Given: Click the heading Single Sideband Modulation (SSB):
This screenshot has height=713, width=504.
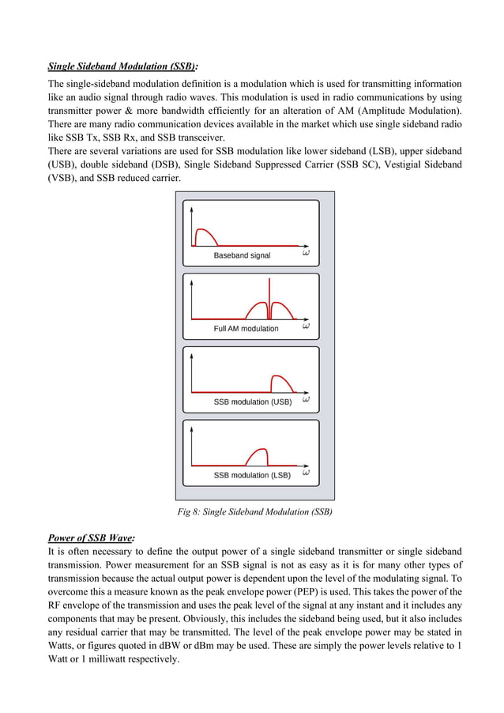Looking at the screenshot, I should coord(123,66).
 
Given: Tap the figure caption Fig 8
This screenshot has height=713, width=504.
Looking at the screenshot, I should coord(255,512).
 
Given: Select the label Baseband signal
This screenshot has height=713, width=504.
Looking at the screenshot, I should coord(242,255).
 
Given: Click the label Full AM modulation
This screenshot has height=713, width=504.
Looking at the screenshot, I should coord(246,328).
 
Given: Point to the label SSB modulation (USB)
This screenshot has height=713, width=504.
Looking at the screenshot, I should coord(252,402).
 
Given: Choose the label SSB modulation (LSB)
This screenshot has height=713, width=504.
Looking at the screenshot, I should coord(252,475).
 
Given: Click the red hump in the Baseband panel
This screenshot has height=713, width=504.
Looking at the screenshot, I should coord(205,237).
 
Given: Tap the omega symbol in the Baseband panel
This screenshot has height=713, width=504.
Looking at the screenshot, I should coord(306,253).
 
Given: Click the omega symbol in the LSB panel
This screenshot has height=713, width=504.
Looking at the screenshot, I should coord(306,473).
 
